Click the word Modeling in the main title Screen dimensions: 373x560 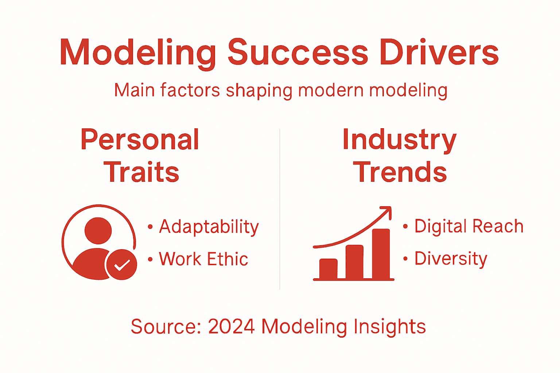[x=138, y=53]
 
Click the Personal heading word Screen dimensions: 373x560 [x=140, y=140]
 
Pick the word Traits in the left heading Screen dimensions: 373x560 [x=141, y=172]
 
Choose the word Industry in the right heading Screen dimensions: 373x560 [x=400, y=140]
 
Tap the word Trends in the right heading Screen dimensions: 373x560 [x=400, y=172]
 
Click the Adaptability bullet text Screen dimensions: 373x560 [x=209, y=227]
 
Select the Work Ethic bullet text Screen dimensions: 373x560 [x=203, y=259]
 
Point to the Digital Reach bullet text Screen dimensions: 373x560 [x=469, y=226]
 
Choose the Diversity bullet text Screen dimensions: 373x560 [x=451, y=259]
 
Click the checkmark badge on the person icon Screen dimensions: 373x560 [x=121, y=265]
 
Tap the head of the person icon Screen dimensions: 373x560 [x=98, y=231]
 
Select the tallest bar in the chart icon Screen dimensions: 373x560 [x=381, y=254]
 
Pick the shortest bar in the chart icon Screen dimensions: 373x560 [x=328, y=268]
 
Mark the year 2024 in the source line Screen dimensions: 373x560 [x=231, y=326]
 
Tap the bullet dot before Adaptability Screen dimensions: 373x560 [x=150, y=227]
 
